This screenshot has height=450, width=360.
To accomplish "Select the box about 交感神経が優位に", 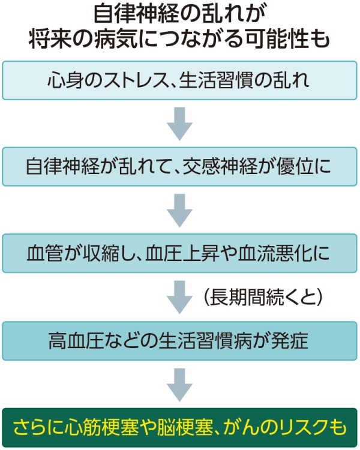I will [x=179, y=166].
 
